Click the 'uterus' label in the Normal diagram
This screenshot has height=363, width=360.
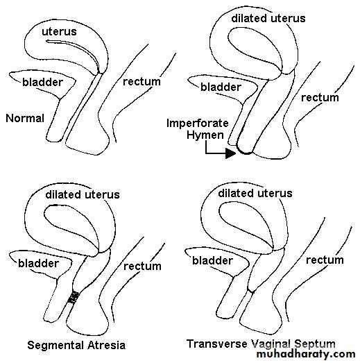click(x=59, y=32)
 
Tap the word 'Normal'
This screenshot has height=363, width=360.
click(x=25, y=118)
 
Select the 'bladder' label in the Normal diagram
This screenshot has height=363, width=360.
click(x=42, y=82)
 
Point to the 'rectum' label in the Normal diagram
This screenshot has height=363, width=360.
click(x=142, y=81)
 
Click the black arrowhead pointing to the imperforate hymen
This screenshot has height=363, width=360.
click(x=230, y=153)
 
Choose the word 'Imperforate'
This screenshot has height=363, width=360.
click(x=198, y=124)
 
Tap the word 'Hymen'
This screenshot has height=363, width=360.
click(x=205, y=135)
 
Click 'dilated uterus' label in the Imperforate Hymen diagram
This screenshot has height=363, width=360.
click(x=268, y=18)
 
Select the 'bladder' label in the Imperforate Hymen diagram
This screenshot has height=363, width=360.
click(x=221, y=87)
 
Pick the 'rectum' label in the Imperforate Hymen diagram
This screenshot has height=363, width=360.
click(x=320, y=98)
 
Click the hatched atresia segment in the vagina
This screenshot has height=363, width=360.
click(x=74, y=297)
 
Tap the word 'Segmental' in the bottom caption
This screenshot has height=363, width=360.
click(x=55, y=346)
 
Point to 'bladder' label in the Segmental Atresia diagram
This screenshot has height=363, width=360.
click(x=38, y=263)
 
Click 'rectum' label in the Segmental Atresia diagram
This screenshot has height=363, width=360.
click(x=142, y=267)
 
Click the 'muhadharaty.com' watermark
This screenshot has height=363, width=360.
click(x=306, y=354)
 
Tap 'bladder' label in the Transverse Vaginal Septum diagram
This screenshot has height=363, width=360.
click(x=212, y=260)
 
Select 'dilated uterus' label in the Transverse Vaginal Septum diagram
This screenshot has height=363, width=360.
click(x=255, y=194)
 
